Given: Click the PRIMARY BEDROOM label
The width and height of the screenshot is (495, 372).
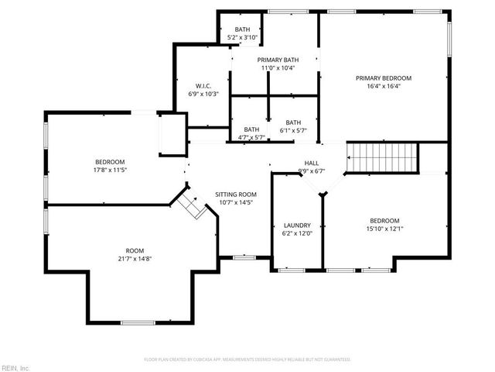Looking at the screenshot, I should pyautogui.click(x=383, y=78).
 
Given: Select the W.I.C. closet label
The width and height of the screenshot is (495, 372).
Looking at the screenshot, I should pyautogui.click(x=204, y=85).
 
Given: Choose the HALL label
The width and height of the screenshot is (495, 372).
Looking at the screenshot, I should pyautogui.click(x=311, y=163).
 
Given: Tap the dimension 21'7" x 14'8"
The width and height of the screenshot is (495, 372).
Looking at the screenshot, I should pyautogui.click(x=135, y=260).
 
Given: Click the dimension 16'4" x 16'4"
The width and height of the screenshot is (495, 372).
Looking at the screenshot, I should pyautogui.click(x=383, y=87).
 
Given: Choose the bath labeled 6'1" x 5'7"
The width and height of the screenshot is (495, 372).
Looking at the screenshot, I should pyautogui.click(x=293, y=130).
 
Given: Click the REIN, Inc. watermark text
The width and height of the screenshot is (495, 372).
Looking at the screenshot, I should pyautogui.click(x=16, y=367).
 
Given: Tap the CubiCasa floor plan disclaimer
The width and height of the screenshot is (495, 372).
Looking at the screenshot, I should pyautogui.click(x=247, y=360).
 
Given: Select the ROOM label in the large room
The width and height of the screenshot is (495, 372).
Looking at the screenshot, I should pyautogui.click(x=135, y=251).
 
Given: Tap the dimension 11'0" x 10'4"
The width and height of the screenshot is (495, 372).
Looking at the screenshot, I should pyautogui.click(x=278, y=68).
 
